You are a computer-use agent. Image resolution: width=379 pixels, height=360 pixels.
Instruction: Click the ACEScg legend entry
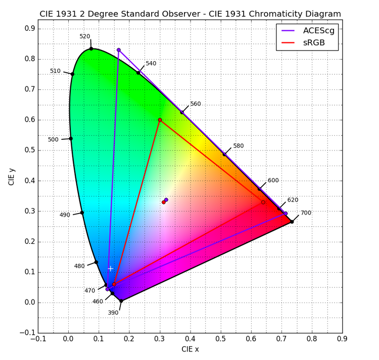click(318, 30)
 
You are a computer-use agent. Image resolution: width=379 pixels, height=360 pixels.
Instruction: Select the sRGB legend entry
click(314, 43)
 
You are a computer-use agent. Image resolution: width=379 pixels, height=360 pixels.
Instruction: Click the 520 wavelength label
click(85, 36)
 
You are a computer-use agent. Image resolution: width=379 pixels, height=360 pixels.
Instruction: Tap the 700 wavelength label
click(306, 213)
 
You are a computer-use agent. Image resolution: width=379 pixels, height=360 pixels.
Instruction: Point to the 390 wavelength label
click(113, 313)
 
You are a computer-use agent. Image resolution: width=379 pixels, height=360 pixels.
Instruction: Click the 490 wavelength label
click(65, 215)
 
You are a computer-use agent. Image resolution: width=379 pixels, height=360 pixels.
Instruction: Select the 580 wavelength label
click(239, 146)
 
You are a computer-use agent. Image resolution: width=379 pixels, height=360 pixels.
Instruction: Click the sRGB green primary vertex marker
click(160, 120)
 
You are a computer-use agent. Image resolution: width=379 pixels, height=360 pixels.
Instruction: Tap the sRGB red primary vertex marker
click(263, 202)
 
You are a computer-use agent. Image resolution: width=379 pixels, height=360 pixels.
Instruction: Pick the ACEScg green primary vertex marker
click(119, 50)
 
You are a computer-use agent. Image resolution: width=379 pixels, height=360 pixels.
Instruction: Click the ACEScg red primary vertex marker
click(286, 214)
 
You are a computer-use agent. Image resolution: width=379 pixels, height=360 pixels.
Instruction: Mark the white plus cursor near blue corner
click(111, 269)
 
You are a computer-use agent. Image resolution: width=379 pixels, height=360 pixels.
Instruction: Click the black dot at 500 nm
click(71, 138)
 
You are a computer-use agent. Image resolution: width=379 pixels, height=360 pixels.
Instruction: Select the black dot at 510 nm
click(72, 74)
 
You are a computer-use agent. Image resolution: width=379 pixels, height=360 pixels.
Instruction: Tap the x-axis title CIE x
click(190, 349)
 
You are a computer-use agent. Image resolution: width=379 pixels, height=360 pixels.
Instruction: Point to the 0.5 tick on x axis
click(221, 339)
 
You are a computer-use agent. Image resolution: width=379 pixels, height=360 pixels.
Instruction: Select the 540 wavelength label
click(151, 64)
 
